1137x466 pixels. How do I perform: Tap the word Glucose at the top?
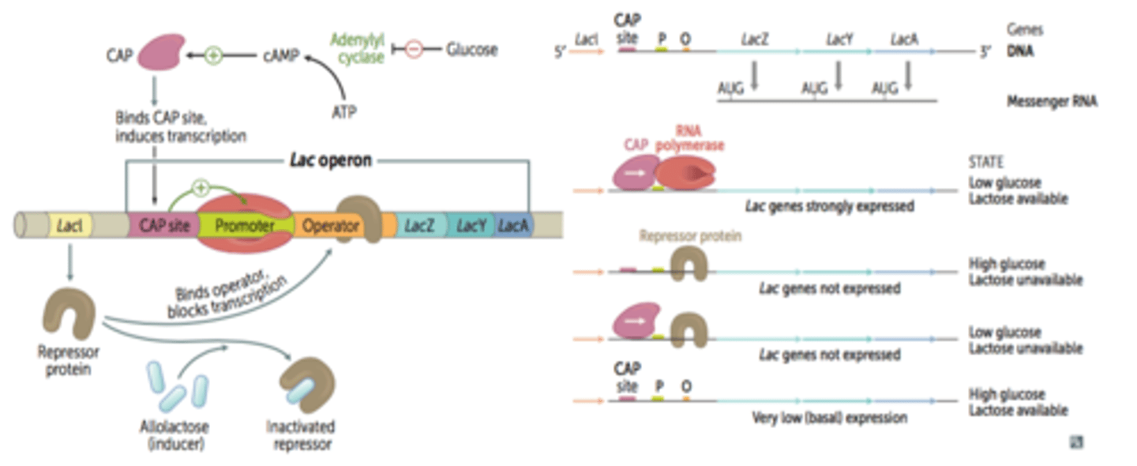(471, 49)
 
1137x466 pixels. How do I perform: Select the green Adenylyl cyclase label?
(357, 48)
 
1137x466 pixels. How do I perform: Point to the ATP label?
(343, 112)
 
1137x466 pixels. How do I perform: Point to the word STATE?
(985, 162)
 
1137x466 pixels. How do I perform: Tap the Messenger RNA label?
(1052, 102)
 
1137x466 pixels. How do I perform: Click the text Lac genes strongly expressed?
(829, 206)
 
